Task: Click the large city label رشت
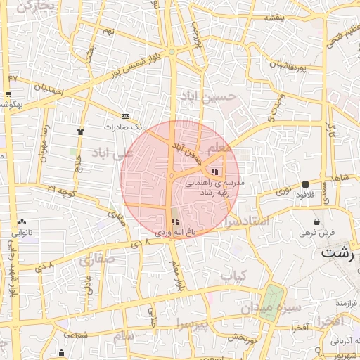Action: click(337, 253)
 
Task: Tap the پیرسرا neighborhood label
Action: click(193, 324)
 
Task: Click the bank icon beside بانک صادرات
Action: click(125, 116)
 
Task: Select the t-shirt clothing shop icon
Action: click(80, 131)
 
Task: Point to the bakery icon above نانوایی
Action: click(22, 221)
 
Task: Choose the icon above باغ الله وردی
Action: click(174, 221)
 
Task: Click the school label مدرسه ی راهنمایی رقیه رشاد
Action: click(214, 186)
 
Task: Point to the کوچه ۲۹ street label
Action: click(60, 189)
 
